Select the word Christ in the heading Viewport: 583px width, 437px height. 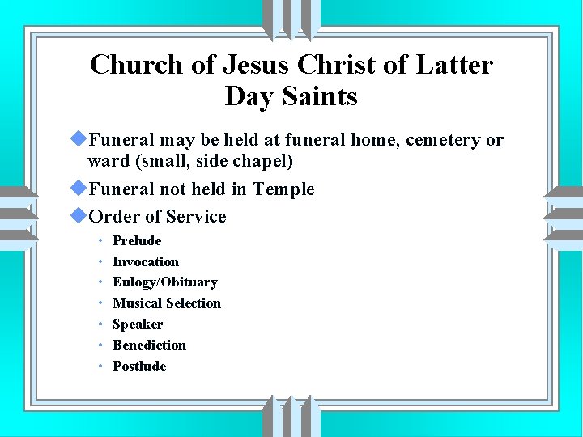click(x=346, y=64)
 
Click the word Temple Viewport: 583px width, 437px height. click(x=283, y=189)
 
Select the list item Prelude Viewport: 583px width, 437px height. click(x=137, y=240)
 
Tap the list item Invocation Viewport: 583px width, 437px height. click(x=146, y=261)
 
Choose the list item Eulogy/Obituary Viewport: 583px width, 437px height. click(x=165, y=282)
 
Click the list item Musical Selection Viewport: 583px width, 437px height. click(x=167, y=303)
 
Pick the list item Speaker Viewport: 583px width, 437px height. click(x=138, y=324)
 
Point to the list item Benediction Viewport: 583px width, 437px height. click(x=149, y=345)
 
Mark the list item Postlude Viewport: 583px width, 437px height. click(x=139, y=366)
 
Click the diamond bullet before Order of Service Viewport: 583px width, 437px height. click(x=79, y=215)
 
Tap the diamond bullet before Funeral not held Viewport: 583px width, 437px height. click(x=79, y=188)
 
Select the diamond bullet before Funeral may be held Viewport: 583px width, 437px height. click(x=79, y=139)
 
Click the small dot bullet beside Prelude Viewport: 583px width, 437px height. click(x=100, y=241)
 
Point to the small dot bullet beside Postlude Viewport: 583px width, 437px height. click(x=100, y=367)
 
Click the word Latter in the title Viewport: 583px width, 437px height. click(x=457, y=64)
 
